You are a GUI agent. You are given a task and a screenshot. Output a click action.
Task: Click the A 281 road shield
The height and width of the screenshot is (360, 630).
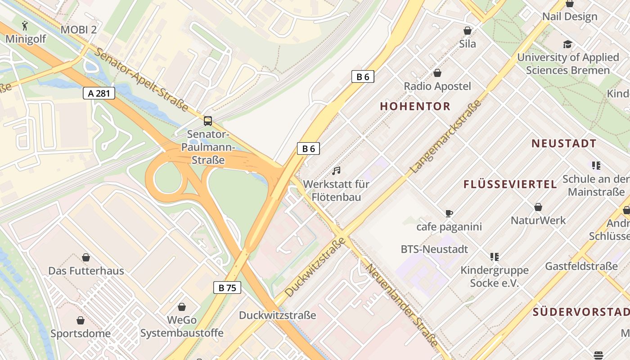(99, 94)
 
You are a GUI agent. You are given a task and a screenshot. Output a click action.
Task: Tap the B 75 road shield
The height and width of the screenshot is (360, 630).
(227, 288)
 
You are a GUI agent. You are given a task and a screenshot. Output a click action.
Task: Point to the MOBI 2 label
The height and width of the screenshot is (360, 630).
(79, 30)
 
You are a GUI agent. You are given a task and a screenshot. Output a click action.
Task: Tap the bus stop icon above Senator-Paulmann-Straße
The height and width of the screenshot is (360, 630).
(208, 121)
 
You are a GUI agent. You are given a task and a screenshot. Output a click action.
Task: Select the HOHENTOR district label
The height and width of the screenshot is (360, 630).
(415, 106)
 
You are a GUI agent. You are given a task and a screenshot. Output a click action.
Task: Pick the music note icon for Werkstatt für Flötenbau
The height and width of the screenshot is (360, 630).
(336, 171)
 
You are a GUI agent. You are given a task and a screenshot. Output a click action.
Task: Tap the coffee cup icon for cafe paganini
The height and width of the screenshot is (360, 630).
(449, 213)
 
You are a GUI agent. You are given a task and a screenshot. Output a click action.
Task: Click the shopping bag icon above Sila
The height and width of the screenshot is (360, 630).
(468, 31)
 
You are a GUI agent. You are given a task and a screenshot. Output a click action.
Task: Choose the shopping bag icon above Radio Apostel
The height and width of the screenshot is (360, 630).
(437, 73)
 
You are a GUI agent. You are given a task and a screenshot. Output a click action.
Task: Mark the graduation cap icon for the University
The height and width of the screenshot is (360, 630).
(567, 44)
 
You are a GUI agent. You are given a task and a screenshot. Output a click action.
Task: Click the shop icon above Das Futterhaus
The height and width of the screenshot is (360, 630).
(86, 257)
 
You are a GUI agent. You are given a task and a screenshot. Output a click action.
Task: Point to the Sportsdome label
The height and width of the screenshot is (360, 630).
(81, 333)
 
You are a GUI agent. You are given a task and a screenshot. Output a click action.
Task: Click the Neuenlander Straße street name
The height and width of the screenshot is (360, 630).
(402, 305)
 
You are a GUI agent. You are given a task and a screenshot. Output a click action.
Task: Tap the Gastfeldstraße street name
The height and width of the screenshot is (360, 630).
(581, 266)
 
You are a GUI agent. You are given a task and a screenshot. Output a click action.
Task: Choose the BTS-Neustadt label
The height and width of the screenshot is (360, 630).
(434, 249)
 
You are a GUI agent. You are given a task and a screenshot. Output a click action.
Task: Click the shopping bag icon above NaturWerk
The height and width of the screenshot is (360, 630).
(538, 207)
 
